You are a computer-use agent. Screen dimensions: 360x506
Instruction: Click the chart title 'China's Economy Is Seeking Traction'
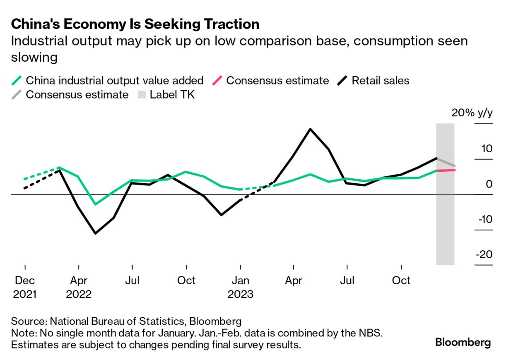pos(135,24)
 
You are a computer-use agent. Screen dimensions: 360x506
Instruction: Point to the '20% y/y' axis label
pos(472,113)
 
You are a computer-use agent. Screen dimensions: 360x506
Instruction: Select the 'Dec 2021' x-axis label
pos(25,287)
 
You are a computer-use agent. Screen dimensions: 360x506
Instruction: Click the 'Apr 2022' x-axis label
pos(79,287)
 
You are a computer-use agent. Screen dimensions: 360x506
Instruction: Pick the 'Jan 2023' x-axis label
pos(240,287)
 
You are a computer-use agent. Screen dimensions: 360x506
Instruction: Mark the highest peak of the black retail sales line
pos(310,129)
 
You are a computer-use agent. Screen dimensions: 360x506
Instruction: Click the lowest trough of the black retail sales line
pos(96,233)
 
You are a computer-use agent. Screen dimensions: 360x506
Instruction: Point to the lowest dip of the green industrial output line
pos(96,204)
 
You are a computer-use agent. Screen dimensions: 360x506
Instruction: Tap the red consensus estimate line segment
pos(446,170)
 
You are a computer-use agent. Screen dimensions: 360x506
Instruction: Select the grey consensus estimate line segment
pos(446,162)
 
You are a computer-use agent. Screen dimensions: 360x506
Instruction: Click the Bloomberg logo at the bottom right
pos(463,343)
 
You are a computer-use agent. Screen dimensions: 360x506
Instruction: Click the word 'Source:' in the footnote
pos(29,321)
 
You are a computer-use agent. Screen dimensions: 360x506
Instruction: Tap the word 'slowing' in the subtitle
pos(34,57)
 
